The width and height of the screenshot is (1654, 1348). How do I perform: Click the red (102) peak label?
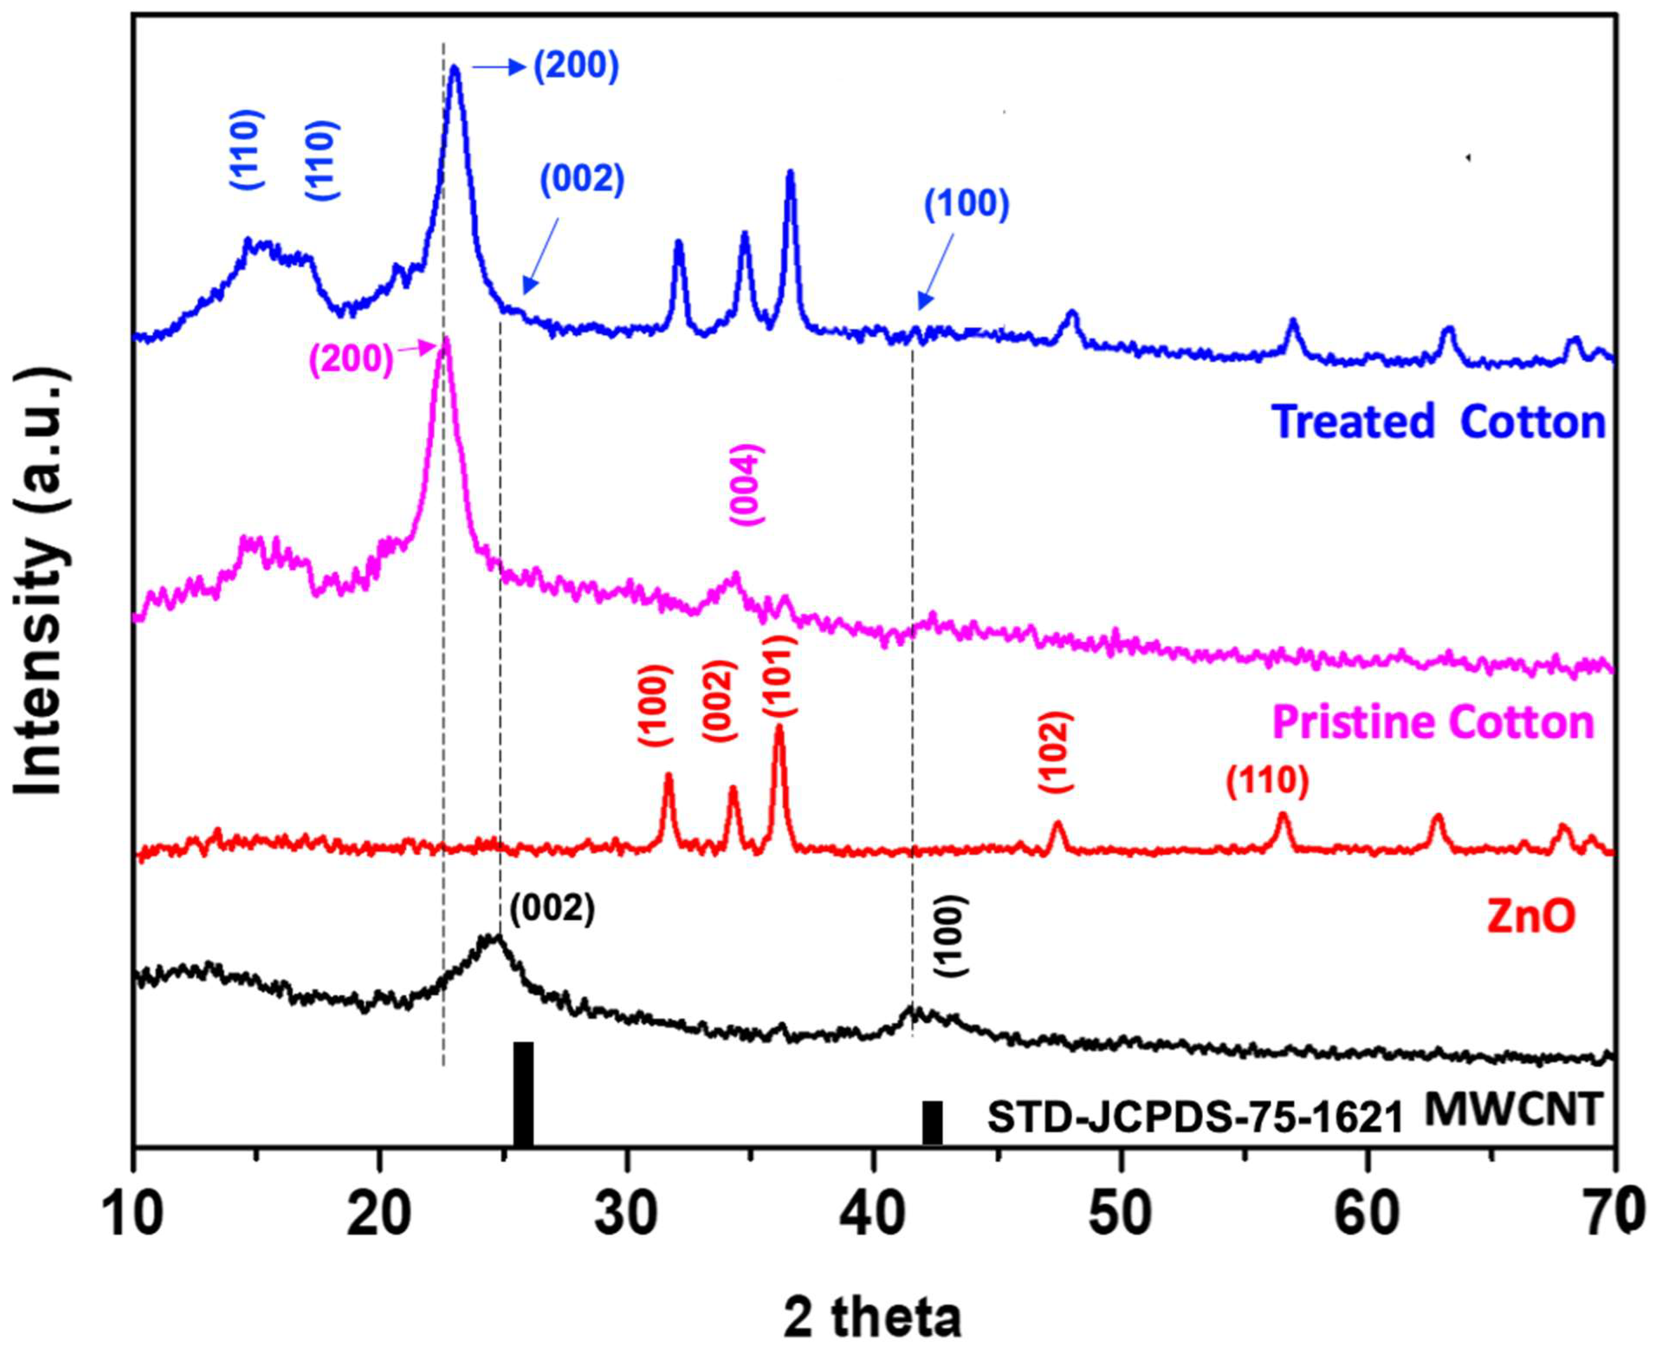(x=1056, y=752)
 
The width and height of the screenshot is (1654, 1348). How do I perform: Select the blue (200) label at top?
(x=576, y=67)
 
